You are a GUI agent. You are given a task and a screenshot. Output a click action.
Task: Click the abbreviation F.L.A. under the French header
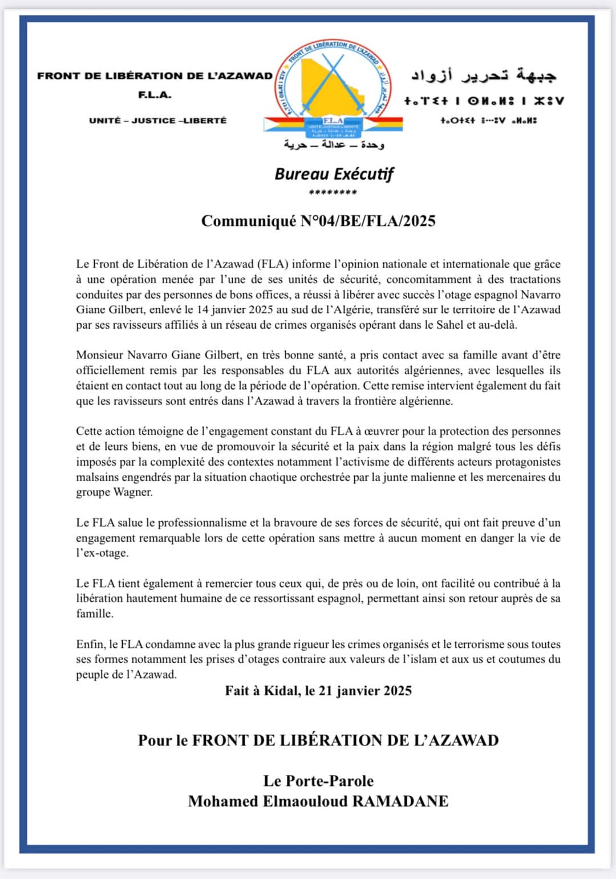(x=155, y=95)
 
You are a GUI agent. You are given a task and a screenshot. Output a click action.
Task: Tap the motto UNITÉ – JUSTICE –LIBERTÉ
(x=158, y=120)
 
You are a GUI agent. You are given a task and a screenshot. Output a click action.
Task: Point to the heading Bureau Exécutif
(x=334, y=174)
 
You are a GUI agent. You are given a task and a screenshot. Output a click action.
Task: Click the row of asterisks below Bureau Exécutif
(x=333, y=192)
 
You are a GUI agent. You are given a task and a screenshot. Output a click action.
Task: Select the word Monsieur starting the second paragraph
(x=99, y=355)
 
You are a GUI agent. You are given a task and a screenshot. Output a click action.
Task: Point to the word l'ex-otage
(x=102, y=553)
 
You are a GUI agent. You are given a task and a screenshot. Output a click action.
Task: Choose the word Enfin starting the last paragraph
(x=90, y=644)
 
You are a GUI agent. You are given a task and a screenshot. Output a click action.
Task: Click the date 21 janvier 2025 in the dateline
(x=365, y=691)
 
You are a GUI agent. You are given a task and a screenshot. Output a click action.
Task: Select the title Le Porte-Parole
(x=318, y=781)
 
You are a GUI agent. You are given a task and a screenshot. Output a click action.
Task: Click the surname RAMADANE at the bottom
(x=400, y=801)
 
